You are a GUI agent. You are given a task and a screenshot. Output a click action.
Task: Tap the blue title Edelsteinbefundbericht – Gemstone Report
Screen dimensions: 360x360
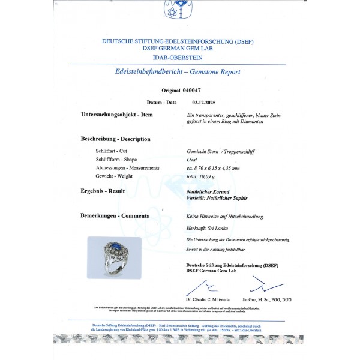click(x=177, y=71)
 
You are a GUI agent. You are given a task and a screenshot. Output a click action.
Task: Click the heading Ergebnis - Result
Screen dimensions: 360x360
click(x=103, y=191)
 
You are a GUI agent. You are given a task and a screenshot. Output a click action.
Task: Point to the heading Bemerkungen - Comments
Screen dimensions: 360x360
click(x=115, y=214)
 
